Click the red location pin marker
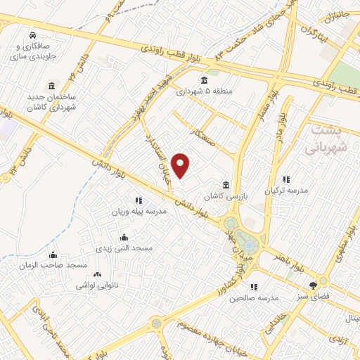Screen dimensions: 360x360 coord(181,165)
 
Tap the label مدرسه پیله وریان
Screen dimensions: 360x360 coord(139,211)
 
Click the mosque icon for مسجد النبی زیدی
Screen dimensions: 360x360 coord(124,237)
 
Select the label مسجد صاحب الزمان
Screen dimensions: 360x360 coord(54,265)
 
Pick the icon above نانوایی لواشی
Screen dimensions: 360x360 coord(97,275)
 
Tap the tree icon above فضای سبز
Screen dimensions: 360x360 coord(313,285)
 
